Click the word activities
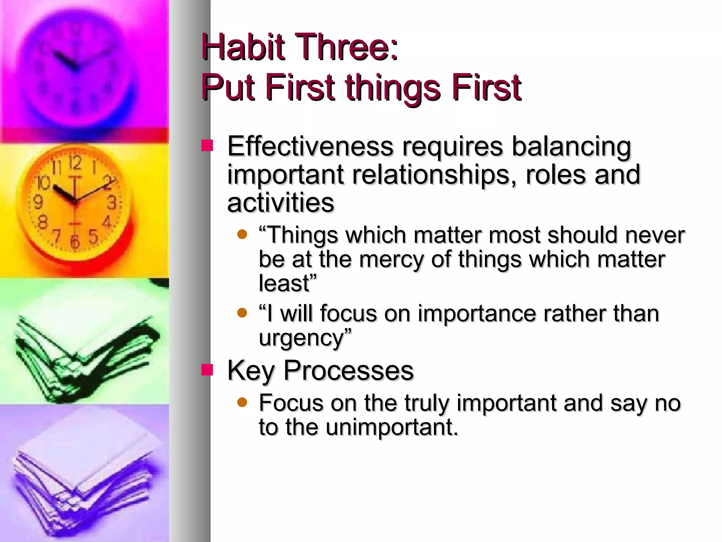281,203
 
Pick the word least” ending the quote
288,283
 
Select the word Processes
348,371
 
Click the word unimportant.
391,427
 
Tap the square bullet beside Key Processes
207,370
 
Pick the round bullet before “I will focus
242,313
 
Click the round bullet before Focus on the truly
242,402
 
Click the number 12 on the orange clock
75,163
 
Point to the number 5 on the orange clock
93,236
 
